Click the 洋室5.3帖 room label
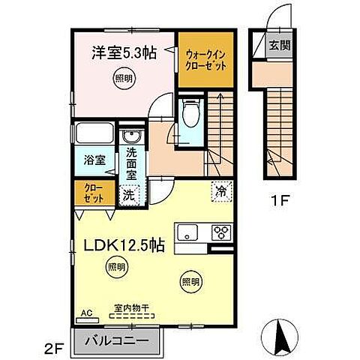click(124, 55)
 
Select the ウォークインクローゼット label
click(203, 58)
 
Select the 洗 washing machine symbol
click(129, 194)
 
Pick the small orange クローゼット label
click(94, 193)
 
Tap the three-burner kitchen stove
click(223, 231)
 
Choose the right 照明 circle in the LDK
click(190, 282)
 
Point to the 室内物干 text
click(132, 307)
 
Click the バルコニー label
click(117, 338)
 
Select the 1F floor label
click(280, 201)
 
